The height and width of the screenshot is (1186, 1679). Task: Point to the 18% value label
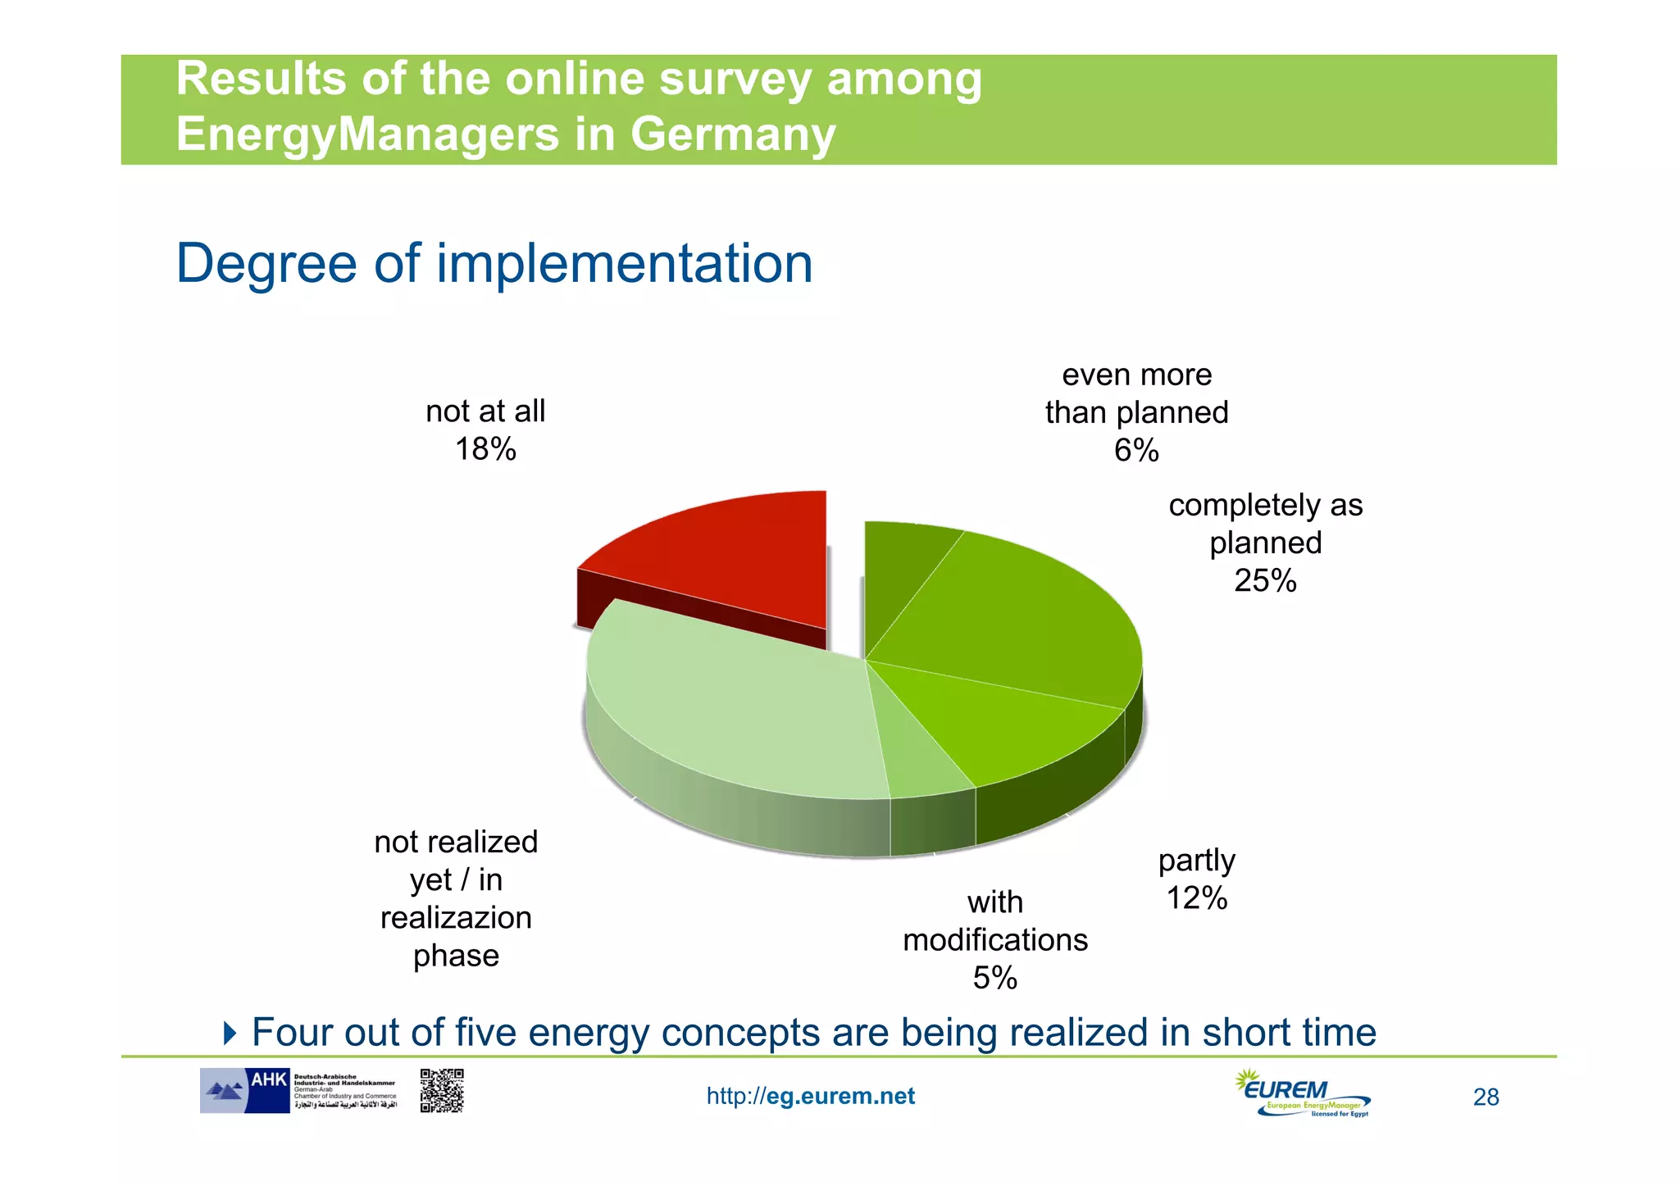[485, 449]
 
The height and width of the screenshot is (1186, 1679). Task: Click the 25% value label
[1265, 580]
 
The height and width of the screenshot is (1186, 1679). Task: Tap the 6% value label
[1136, 450]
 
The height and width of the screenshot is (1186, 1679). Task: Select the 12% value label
[1196, 898]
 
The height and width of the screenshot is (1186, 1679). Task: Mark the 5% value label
[994, 978]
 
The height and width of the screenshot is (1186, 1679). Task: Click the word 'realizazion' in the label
[456, 918]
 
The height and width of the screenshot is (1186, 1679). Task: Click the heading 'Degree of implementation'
[494, 264]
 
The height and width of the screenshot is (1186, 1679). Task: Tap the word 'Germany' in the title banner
[733, 134]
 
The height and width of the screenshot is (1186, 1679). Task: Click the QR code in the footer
[442, 1090]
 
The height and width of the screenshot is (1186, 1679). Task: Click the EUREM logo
[1303, 1093]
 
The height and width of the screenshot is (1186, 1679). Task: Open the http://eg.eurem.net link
[810, 1096]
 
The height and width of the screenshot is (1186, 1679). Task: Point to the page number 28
[1486, 1097]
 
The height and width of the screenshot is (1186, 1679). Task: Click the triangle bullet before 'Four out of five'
[230, 1033]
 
